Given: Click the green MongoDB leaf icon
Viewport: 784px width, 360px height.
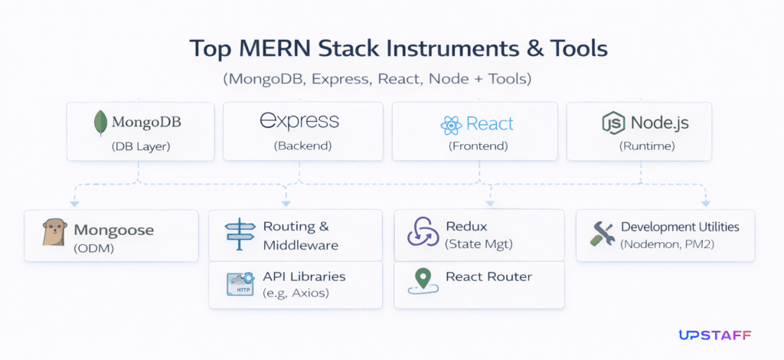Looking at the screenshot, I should (x=100, y=123).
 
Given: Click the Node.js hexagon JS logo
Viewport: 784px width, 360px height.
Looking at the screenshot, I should (x=613, y=123).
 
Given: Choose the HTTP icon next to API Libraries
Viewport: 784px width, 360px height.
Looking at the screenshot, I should (x=240, y=284).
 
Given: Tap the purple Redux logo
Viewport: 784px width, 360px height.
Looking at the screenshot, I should (x=422, y=234).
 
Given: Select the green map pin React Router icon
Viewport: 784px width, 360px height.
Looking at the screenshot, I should (x=421, y=280).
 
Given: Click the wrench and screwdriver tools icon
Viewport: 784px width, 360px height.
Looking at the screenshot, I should (x=603, y=234).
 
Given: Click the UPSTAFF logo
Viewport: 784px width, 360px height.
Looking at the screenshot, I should (x=714, y=335).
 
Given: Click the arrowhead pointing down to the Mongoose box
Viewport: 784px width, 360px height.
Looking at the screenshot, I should (x=74, y=204).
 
